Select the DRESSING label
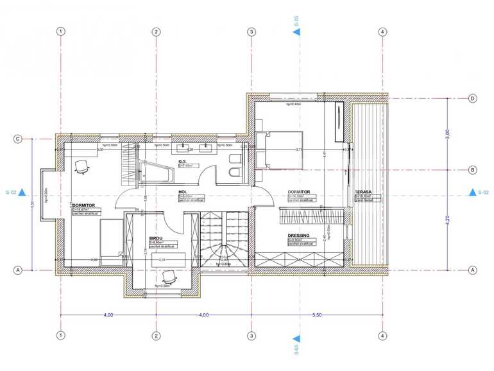300,236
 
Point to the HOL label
183,192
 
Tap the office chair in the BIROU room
169,277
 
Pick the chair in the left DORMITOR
82,166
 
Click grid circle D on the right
472,98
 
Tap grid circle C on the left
19,139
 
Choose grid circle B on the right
472,170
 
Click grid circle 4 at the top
382,31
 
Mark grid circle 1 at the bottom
60,336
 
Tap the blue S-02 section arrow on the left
22,192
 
